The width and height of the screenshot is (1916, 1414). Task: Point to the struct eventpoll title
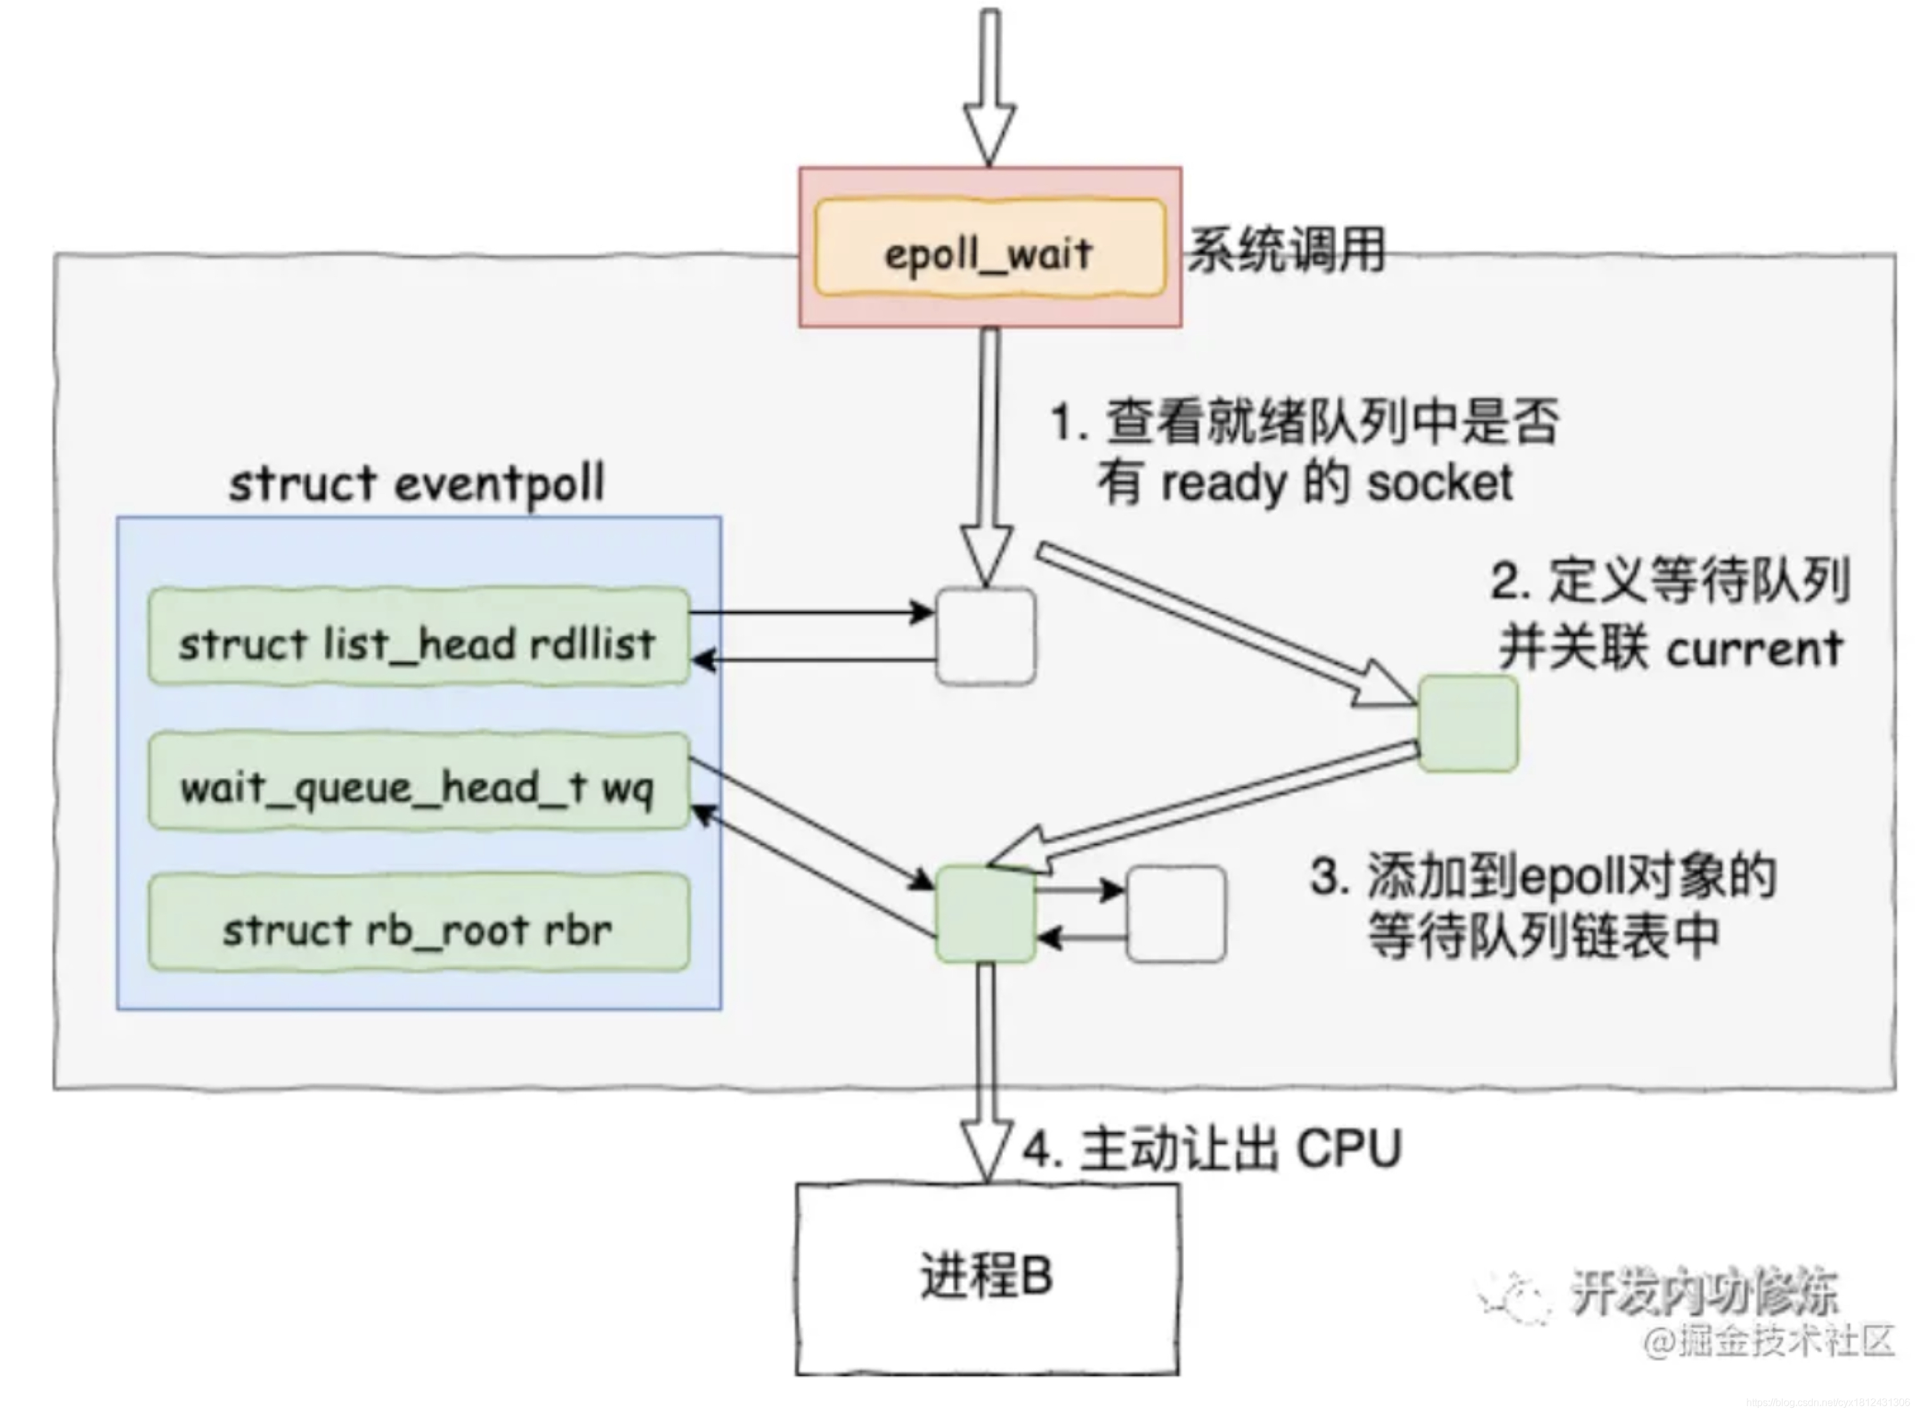417,483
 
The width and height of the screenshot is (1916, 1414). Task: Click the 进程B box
987,1278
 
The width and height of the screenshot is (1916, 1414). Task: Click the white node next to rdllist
985,637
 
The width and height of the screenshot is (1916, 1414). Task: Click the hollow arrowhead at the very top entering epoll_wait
989,132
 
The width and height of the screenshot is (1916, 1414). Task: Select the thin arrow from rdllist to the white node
809,613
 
